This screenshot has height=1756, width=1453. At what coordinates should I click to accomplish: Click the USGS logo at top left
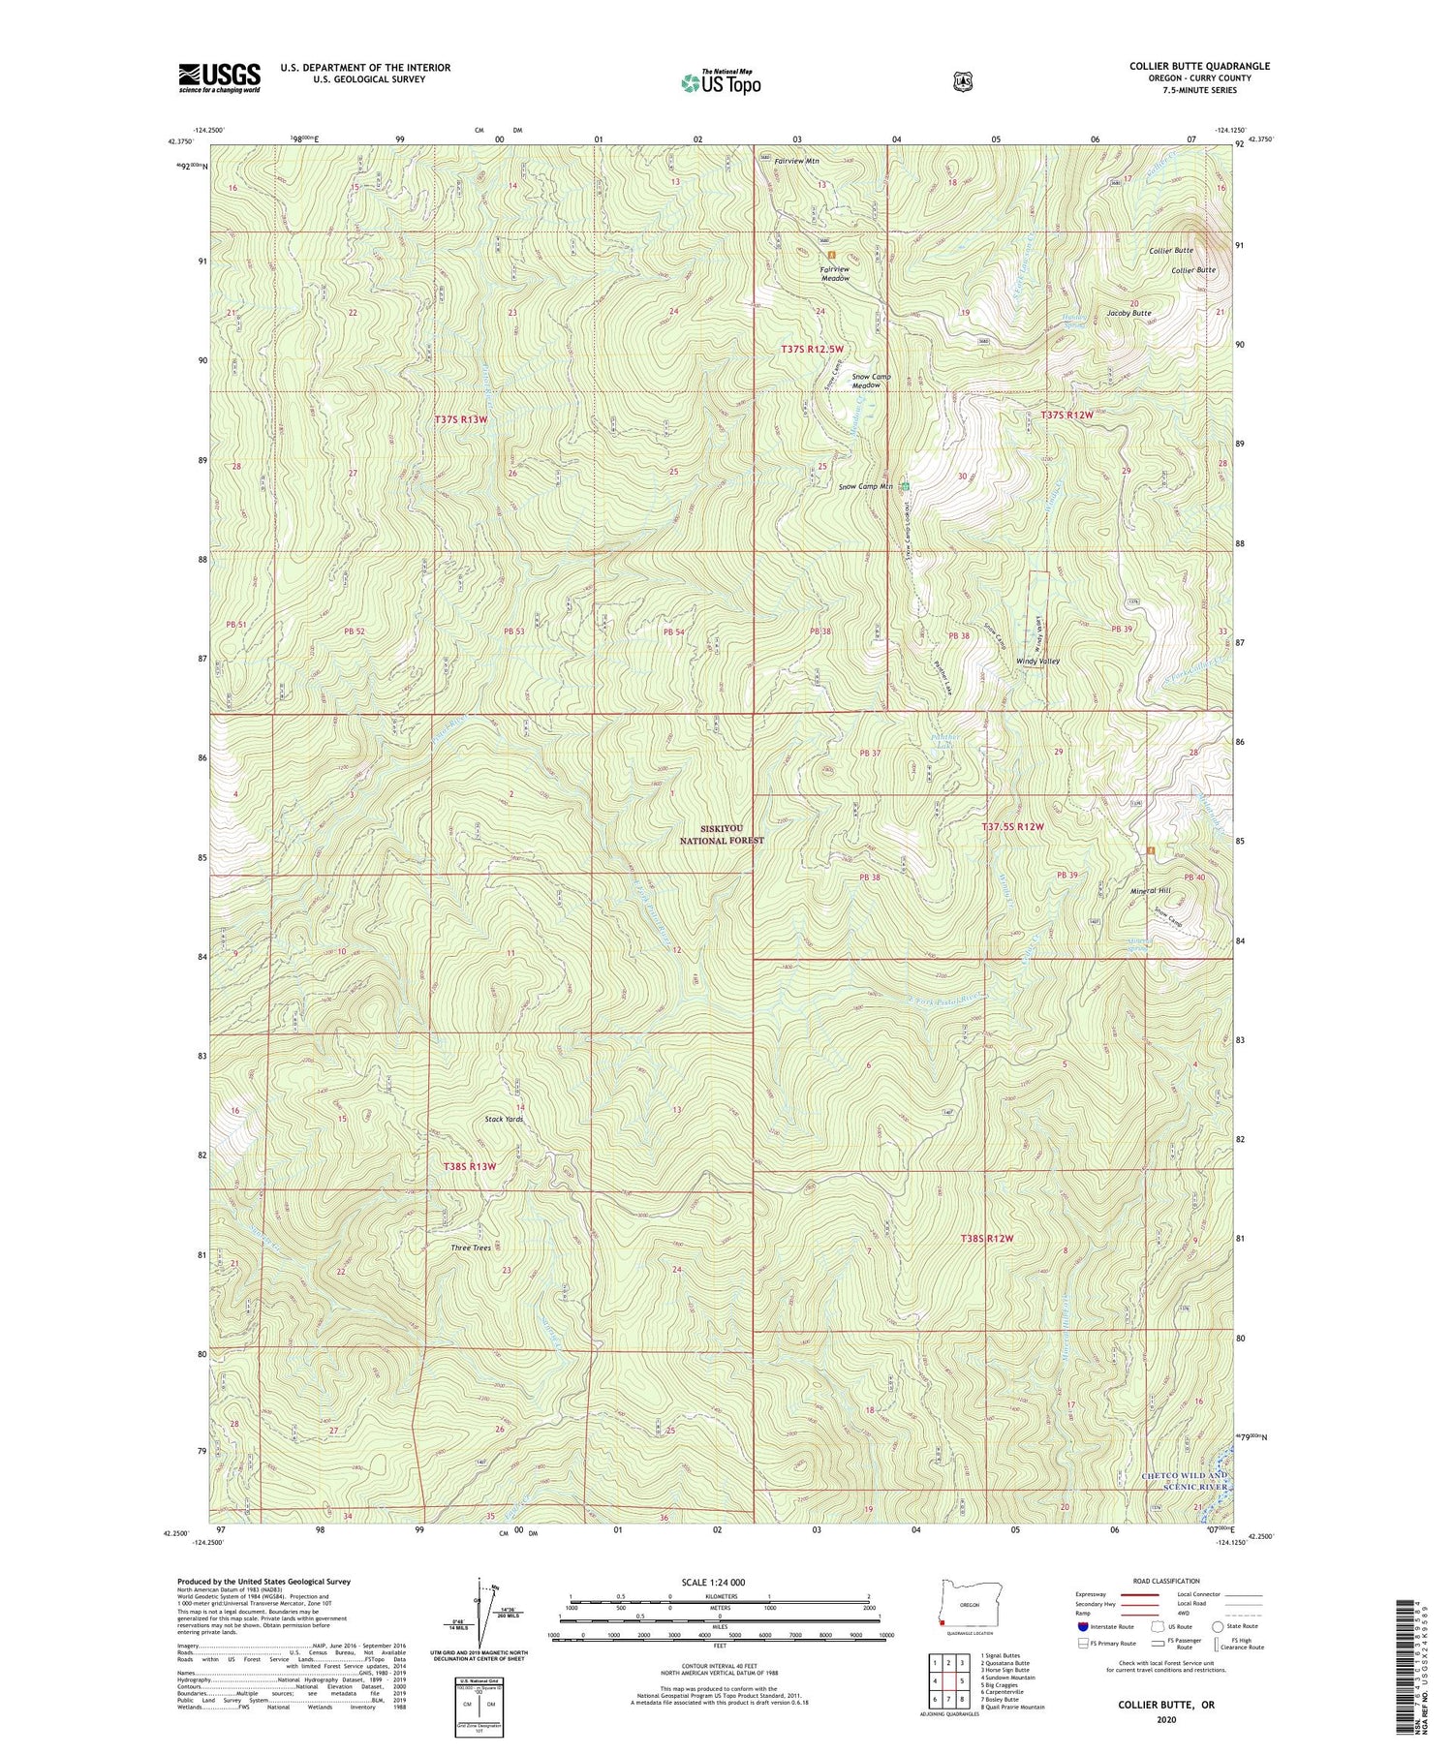pos(219,77)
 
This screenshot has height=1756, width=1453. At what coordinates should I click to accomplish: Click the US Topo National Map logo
pos(721,81)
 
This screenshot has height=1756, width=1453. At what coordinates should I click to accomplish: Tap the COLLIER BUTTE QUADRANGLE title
pos(1199,66)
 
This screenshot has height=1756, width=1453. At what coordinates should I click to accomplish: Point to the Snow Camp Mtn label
pos(865,486)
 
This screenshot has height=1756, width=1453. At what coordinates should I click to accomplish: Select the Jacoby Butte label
pos(1128,313)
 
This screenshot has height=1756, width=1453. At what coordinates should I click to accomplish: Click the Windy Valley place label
pos(1037,662)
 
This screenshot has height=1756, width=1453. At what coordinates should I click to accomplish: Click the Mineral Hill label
pos(1151,890)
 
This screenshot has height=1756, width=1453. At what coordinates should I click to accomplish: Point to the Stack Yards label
pos(504,1119)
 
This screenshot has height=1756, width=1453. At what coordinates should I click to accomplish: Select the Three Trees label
pos(471,1248)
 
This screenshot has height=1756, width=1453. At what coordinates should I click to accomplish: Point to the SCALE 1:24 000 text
pos(719,1582)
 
